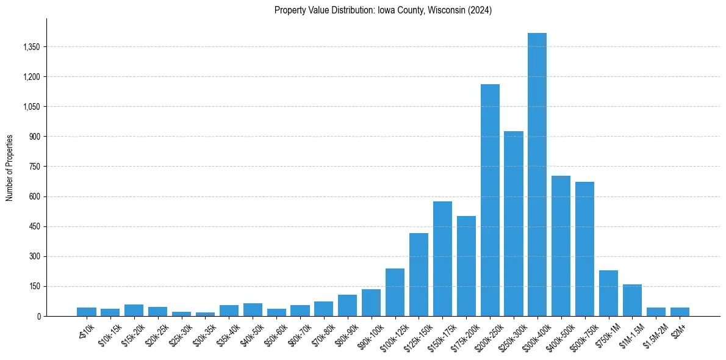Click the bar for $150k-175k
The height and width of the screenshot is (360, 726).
[442, 259]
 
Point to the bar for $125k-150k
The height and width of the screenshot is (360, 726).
[419, 275]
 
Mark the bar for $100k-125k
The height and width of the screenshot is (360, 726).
[395, 292]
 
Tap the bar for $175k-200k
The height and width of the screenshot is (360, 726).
[466, 266]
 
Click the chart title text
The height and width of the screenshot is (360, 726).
[383, 10]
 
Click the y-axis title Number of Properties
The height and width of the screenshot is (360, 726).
[10, 167]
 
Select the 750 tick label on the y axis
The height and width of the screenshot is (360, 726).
[33, 167]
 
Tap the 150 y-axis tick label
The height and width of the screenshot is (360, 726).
[33, 286]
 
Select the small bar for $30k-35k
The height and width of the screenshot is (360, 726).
[205, 314]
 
